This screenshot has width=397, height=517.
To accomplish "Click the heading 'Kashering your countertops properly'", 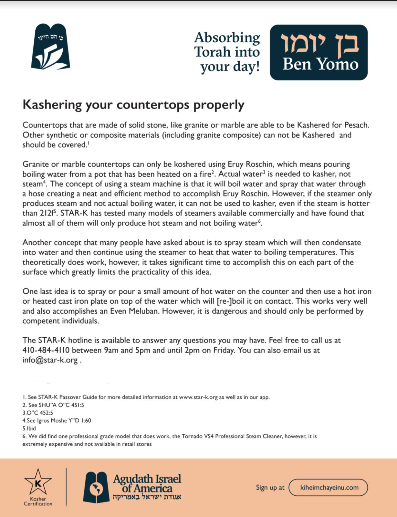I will coord(133,105).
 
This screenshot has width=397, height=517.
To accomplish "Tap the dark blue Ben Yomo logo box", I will coord(319,52).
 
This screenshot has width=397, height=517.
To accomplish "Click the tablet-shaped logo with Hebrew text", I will coord(51,47).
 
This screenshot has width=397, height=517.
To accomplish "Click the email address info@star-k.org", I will coord(50,360).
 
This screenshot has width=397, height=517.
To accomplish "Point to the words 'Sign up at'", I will coord(270,488).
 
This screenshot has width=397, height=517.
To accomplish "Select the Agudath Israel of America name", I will coord(147,484).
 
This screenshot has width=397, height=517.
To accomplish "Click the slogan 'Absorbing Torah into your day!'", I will coord(227,52).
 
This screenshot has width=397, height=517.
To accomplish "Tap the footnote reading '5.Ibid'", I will coord(29,428).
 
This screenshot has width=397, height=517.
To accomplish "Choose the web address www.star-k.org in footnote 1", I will coord(198,397).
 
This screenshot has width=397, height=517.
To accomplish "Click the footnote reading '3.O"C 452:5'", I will coord(38,413).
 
